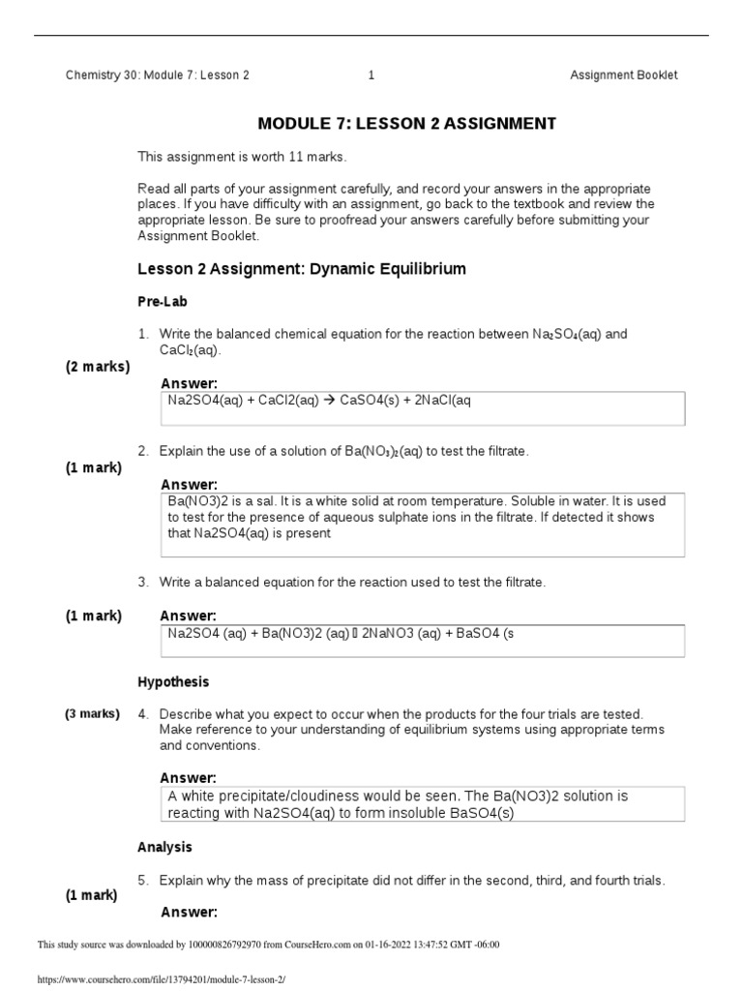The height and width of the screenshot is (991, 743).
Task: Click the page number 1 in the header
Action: [x=371, y=75]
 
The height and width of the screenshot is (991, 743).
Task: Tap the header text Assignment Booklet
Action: [x=623, y=75]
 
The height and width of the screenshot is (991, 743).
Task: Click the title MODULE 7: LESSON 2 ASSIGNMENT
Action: [x=406, y=124]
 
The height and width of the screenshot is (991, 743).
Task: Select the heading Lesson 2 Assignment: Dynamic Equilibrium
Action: [x=302, y=269]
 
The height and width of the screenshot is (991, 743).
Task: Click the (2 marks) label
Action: [x=98, y=367]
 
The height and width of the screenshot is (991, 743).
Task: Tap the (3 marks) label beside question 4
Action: [x=93, y=714]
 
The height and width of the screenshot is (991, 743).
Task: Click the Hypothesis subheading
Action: [x=173, y=682]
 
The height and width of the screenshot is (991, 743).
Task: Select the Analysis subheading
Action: [x=164, y=847]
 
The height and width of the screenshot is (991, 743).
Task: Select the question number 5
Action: [x=142, y=881]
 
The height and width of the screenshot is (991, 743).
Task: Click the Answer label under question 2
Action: [x=189, y=484]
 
